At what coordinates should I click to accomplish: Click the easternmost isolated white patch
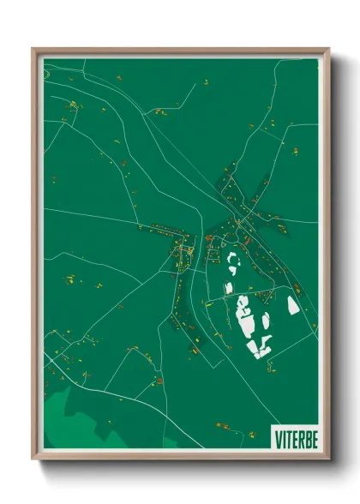(x=292, y=305)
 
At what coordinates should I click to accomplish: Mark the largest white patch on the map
(x=247, y=315)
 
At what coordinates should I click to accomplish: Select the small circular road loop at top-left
(x=48, y=74)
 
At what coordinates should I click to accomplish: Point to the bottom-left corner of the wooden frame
(x=33, y=459)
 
